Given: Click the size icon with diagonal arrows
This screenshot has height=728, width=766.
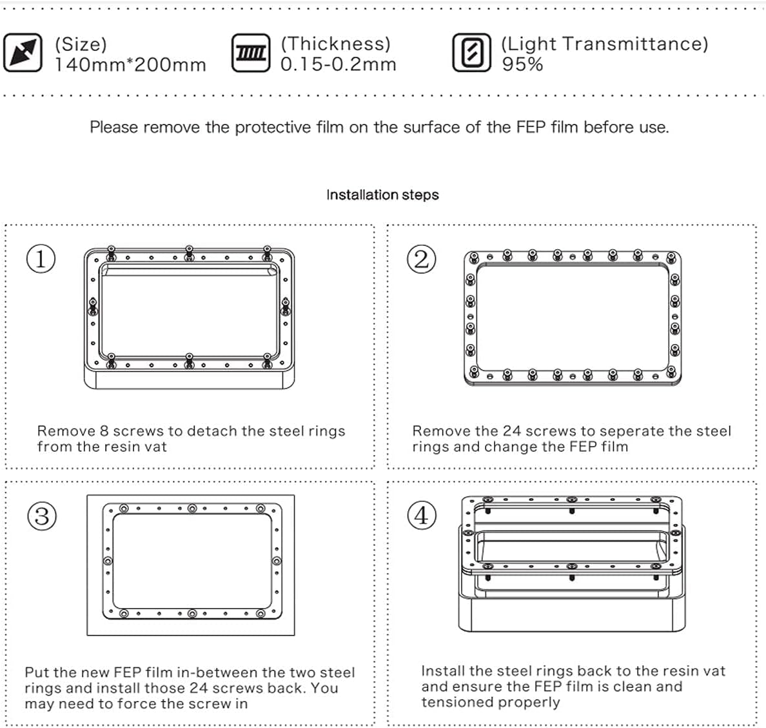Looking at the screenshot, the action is pyautogui.click(x=23, y=52).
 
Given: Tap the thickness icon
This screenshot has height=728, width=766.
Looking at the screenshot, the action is pyautogui.click(x=251, y=53).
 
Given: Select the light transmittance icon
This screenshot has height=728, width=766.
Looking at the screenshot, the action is pyautogui.click(x=471, y=53).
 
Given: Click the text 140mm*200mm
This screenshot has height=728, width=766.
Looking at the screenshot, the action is pyautogui.click(x=130, y=65).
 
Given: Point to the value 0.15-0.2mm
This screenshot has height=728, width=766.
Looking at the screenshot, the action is pyautogui.click(x=338, y=64).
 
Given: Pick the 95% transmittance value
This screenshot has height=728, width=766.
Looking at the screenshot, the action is pyautogui.click(x=522, y=64).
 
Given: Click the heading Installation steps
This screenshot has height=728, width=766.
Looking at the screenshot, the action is pyautogui.click(x=382, y=195).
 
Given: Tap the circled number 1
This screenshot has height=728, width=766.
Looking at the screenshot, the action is pyautogui.click(x=41, y=259).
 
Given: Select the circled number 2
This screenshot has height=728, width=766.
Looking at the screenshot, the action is pyautogui.click(x=422, y=259).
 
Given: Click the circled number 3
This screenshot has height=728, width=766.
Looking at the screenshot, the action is pyautogui.click(x=42, y=516).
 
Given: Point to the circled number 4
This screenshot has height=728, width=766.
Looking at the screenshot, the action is pyautogui.click(x=422, y=516).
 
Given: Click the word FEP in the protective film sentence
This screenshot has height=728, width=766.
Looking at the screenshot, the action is pyautogui.click(x=531, y=127).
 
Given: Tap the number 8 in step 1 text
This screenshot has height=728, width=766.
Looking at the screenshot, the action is pyautogui.click(x=104, y=430).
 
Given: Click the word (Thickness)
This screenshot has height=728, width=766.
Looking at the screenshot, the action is pyautogui.click(x=336, y=44).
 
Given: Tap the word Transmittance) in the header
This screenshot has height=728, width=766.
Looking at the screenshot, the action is pyautogui.click(x=635, y=44).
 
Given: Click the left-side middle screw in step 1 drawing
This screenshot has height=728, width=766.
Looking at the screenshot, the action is pyautogui.click(x=93, y=307).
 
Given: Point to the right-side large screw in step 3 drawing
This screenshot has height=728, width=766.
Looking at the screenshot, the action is pyautogui.click(x=277, y=561).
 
